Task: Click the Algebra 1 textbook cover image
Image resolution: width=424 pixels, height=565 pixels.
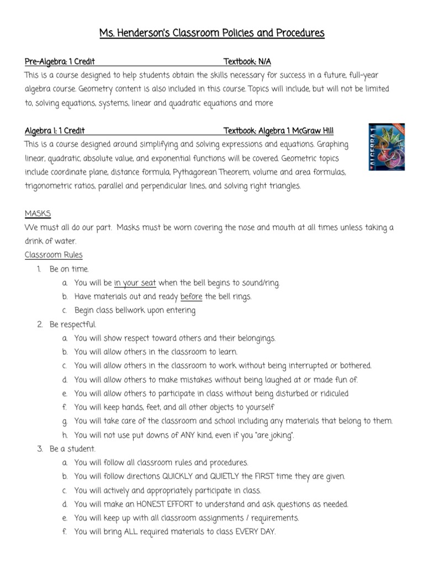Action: click(x=386, y=146)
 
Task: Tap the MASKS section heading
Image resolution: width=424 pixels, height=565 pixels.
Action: click(x=38, y=214)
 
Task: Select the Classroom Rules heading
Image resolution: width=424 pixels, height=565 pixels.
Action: click(x=54, y=255)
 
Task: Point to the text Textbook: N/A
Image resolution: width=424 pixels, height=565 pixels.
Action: click(x=247, y=61)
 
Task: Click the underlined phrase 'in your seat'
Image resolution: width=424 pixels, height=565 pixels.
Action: click(x=135, y=283)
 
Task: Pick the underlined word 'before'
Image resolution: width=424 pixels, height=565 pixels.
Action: click(x=192, y=297)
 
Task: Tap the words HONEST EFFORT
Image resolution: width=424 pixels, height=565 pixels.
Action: click(x=184, y=504)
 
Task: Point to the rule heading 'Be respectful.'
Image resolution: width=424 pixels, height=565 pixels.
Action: click(x=72, y=324)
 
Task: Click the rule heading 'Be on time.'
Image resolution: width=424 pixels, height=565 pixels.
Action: click(x=69, y=269)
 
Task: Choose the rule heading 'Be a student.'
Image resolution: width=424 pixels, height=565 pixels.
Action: click(x=72, y=449)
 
